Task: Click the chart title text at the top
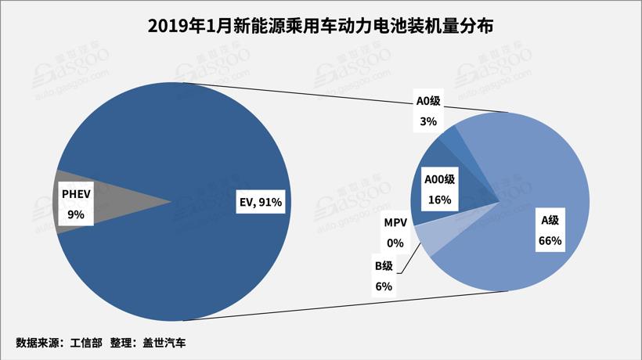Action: (x=321, y=27)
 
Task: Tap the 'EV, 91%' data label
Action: (x=260, y=202)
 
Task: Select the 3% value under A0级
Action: (x=428, y=121)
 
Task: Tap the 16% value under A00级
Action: (x=439, y=199)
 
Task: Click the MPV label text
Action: (x=395, y=224)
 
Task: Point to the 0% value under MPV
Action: (x=395, y=243)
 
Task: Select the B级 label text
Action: (x=384, y=268)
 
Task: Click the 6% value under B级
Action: (x=384, y=286)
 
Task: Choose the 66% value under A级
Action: (x=550, y=241)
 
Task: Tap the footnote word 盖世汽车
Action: (x=163, y=343)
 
